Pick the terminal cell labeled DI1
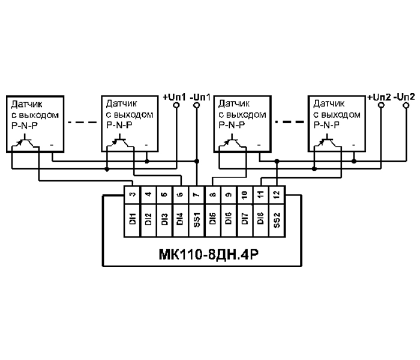tap(132, 217)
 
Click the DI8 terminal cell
tap(260, 217)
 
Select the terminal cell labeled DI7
tap(244, 217)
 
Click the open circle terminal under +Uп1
tap(175, 106)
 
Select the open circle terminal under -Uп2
tap(405, 106)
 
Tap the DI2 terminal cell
tap(148, 217)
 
